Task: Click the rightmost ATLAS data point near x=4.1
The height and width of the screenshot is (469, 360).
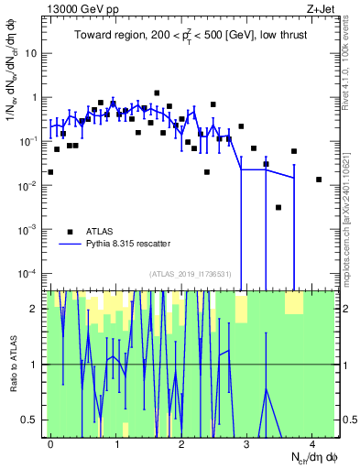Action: [319, 180]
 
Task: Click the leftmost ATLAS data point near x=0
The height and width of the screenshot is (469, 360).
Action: [50, 171]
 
